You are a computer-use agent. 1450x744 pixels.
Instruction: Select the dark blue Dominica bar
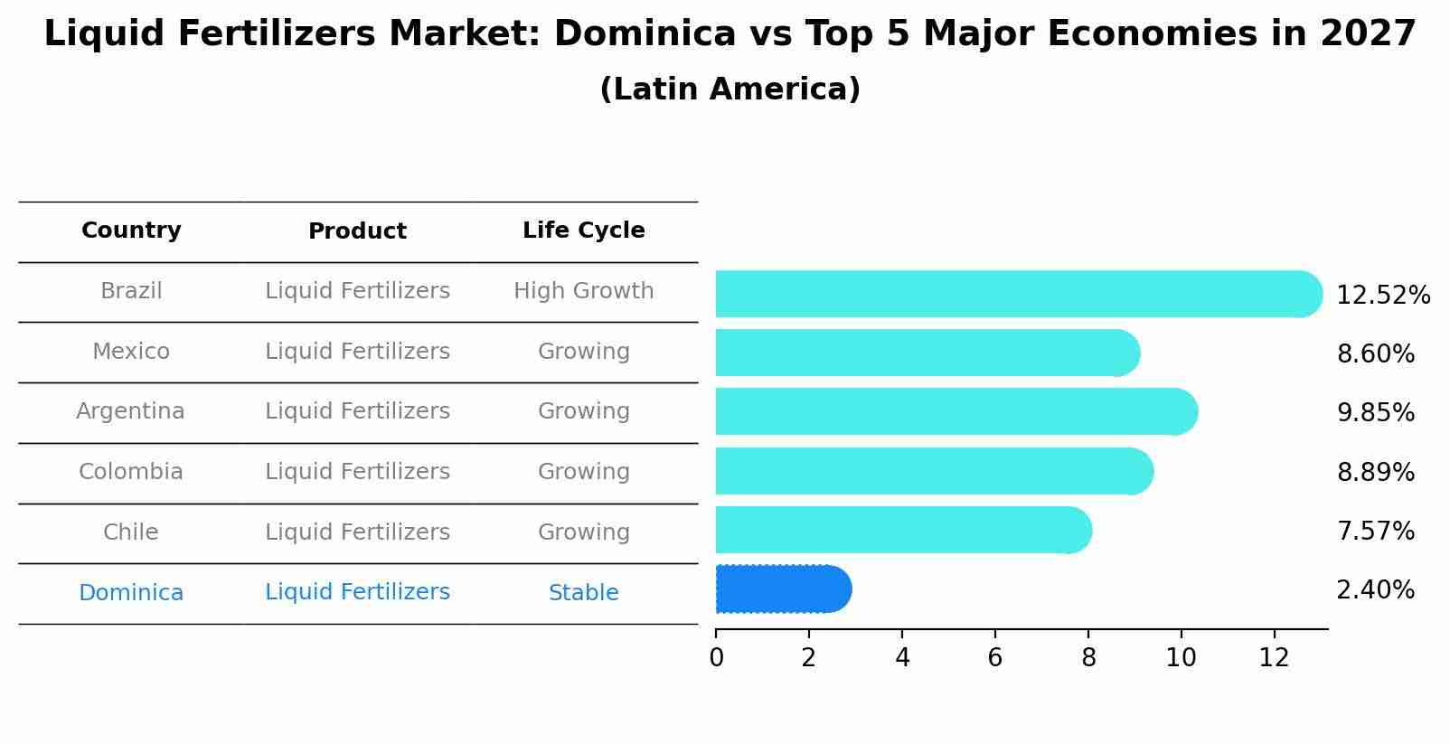(782, 589)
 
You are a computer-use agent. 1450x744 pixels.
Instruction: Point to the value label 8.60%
(1375, 354)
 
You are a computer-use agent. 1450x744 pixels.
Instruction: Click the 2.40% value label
(1375, 590)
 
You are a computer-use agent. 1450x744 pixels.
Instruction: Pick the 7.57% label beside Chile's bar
(1375, 532)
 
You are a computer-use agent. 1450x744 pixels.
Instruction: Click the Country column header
(131, 231)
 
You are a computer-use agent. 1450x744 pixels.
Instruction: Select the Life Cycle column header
(583, 231)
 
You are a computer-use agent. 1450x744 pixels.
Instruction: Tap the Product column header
(357, 231)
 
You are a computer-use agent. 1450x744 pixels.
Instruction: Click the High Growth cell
(583, 291)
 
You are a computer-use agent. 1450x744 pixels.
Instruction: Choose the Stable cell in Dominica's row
(583, 593)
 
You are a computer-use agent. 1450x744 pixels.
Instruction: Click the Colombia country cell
(131, 472)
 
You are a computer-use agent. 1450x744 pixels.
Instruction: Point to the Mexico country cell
(131, 352)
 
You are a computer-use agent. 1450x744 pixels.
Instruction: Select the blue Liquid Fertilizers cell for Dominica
(357, 592)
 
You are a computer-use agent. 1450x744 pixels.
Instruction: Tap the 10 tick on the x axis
(1181, 658)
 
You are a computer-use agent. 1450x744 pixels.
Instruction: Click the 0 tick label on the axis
(716, 658)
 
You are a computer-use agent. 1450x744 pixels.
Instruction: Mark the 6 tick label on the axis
(994, 658)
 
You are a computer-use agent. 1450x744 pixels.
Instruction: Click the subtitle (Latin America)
(730, 89)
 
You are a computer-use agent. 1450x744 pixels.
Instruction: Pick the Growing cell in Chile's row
(583, 532)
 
